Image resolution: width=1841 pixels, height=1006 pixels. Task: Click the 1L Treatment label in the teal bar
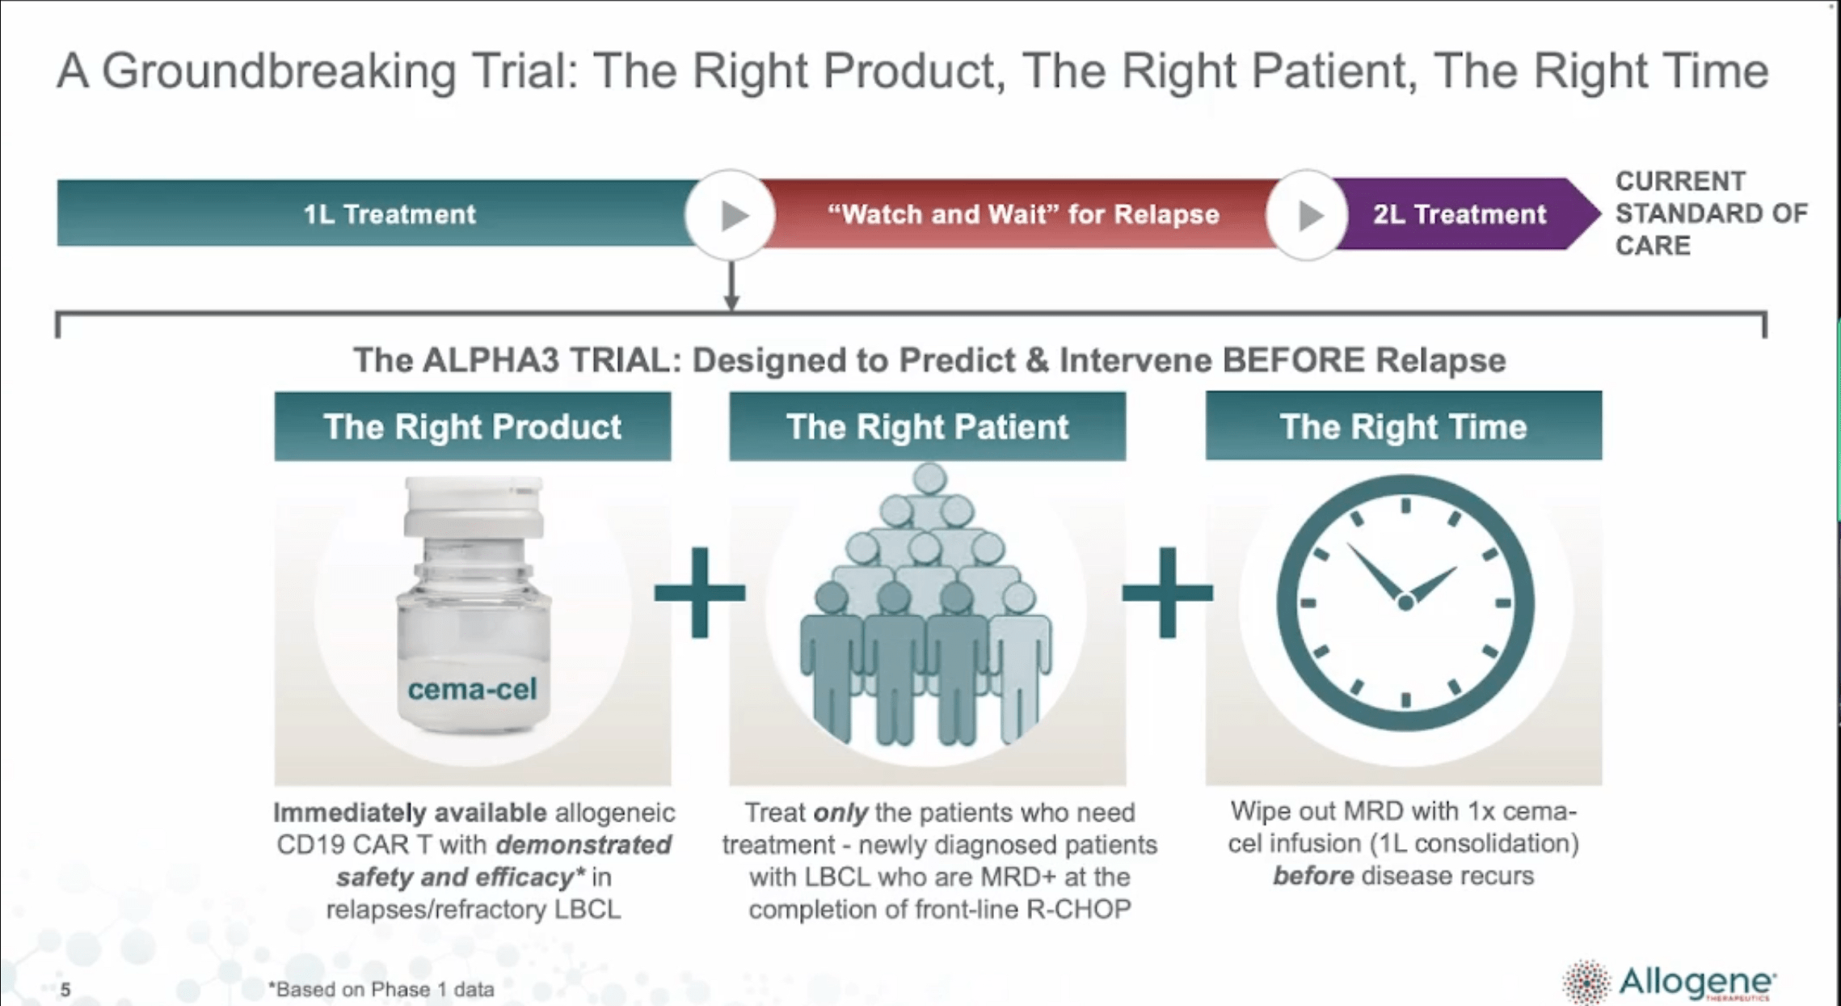(389, 214)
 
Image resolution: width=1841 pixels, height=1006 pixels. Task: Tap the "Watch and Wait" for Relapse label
(1022, 214)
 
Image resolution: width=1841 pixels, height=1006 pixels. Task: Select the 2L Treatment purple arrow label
(1459, 214)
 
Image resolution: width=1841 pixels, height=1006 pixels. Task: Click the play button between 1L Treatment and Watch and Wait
(731, 215)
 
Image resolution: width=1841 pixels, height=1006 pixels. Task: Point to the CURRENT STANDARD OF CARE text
(1709, 213)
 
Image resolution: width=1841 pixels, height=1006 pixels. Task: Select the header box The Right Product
(472, 427)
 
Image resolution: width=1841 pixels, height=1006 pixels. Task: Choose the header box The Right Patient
(927, 427)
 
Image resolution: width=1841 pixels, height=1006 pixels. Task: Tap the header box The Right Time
(1403, 427)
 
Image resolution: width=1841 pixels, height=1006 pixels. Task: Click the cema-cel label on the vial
(472, 689)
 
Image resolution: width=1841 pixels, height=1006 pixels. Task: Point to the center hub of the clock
(1405, 602)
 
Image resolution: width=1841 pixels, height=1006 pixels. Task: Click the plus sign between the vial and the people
(700, 593)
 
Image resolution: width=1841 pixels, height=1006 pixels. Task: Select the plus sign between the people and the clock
(1167, 593)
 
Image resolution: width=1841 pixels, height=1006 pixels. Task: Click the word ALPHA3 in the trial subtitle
(491, 360)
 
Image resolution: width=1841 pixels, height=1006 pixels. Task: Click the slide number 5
(65, 990)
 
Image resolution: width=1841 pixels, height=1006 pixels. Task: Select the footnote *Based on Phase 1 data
(381, 989)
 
